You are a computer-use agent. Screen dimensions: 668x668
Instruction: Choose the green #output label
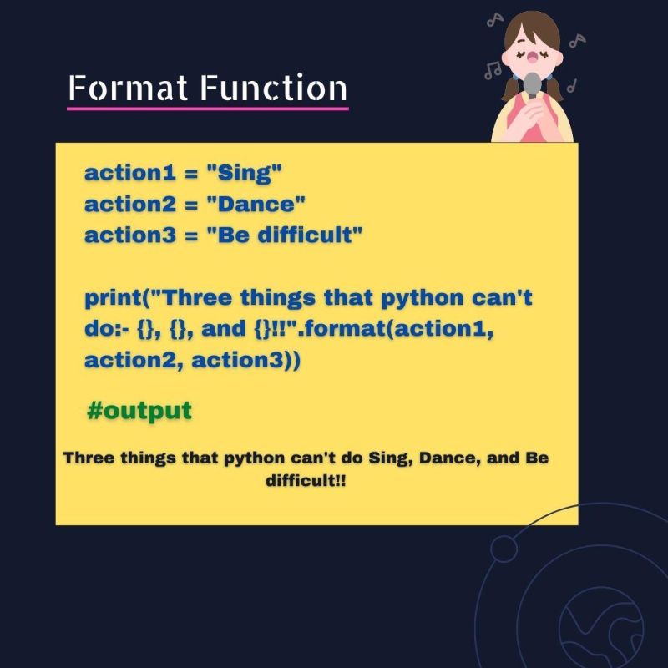coord(139,411)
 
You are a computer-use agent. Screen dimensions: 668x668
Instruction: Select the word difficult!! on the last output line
coord(306,482)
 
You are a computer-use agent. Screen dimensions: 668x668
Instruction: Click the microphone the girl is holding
coord(532,83)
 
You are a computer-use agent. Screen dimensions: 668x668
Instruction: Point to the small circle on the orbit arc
coord(504,549)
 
